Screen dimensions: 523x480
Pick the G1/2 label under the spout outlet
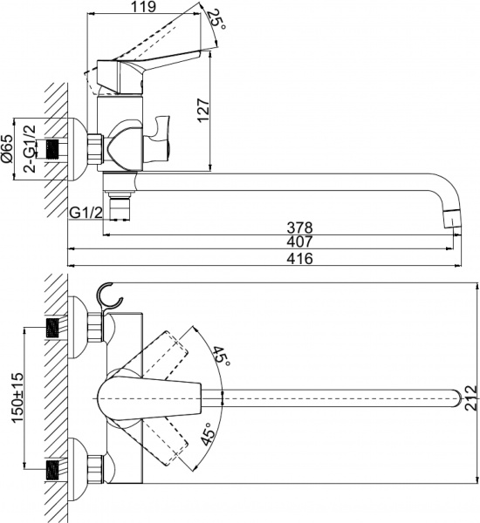pyautogui.click(x=86, y=213)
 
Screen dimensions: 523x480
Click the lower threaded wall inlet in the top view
pyautogui.click(x=56, y=471)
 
